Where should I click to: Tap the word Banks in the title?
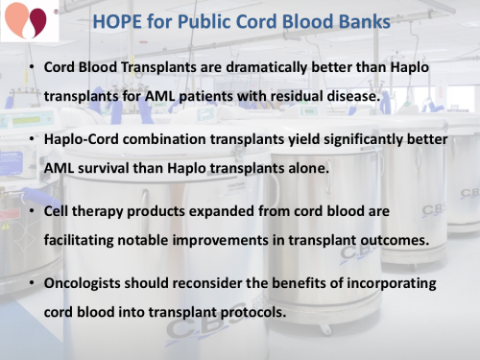pyautogui.click(x=357, y=20)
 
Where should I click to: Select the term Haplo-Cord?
pyautogui.click(x=82, y=139)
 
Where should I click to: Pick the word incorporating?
pyautogui.click(x=392, y=284)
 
